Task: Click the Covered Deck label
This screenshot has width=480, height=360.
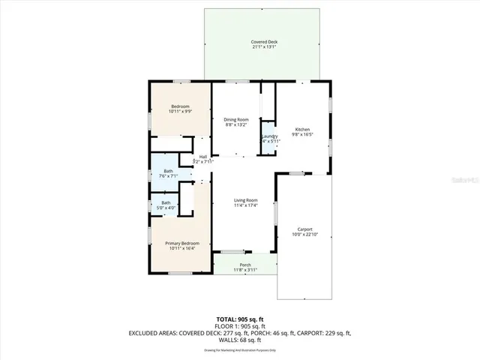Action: (262, 42)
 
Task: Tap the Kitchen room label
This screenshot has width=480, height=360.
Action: (302, 130)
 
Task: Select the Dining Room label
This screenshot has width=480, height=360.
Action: (236, 119)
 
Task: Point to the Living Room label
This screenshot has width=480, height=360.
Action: (245, 200)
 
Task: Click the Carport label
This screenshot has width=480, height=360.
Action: (304, 229)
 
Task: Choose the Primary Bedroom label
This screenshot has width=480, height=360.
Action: (182, 244)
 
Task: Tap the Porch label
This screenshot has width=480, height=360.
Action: (245, 265)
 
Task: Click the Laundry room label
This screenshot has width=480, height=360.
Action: (269, 136)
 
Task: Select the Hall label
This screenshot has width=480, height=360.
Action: (202, 157)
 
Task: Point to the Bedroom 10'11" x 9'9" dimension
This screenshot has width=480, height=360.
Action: (180, 112)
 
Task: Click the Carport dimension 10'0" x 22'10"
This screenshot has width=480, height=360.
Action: (304, 235)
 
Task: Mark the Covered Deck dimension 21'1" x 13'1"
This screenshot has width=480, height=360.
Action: (262, 47)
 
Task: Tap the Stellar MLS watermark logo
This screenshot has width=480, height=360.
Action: (464, 181)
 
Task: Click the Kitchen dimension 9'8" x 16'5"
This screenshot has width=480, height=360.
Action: (302, 135)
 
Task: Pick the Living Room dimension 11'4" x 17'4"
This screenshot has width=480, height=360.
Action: (245, 205)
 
